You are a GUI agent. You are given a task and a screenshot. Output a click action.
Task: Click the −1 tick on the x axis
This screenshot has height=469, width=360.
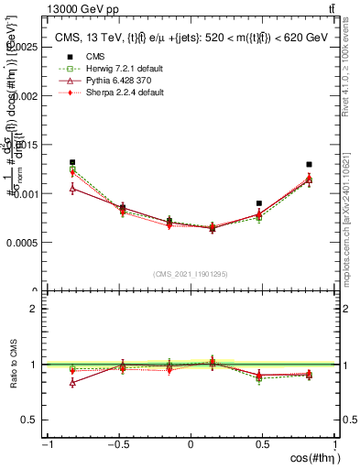pyautogui.click(x=46, y=444)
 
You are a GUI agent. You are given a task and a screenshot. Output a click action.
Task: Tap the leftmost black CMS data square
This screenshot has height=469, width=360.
pyautogui.click(x=72, y=162)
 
